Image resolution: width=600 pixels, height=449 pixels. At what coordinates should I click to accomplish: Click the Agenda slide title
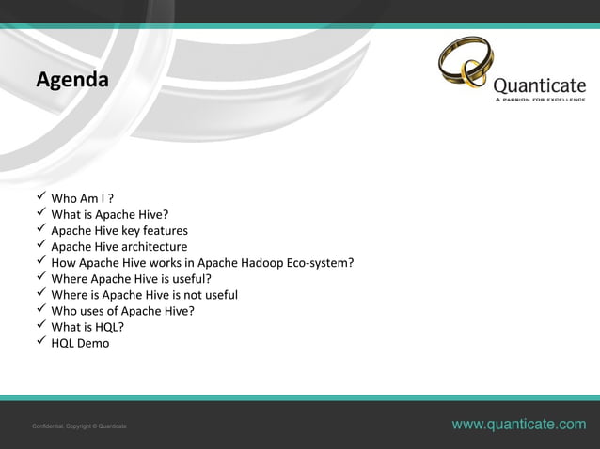(71, 80)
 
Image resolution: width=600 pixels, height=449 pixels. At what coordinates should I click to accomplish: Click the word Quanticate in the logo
(539, 85)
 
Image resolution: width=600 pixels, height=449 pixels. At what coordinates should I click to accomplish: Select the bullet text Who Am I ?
(83, 198)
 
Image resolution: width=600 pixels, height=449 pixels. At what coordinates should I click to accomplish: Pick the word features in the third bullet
(164, 230)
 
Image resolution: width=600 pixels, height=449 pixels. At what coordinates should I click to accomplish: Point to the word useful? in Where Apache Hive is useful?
(188, 278)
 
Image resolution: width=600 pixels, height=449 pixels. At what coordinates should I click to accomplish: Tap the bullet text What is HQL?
(87, 326)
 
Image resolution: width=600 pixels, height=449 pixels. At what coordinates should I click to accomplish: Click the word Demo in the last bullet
(94, 343)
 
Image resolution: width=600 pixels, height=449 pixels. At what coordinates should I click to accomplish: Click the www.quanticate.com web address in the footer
(518, 425)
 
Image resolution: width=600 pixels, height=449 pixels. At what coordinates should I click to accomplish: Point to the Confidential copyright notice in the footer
(80, 426)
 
